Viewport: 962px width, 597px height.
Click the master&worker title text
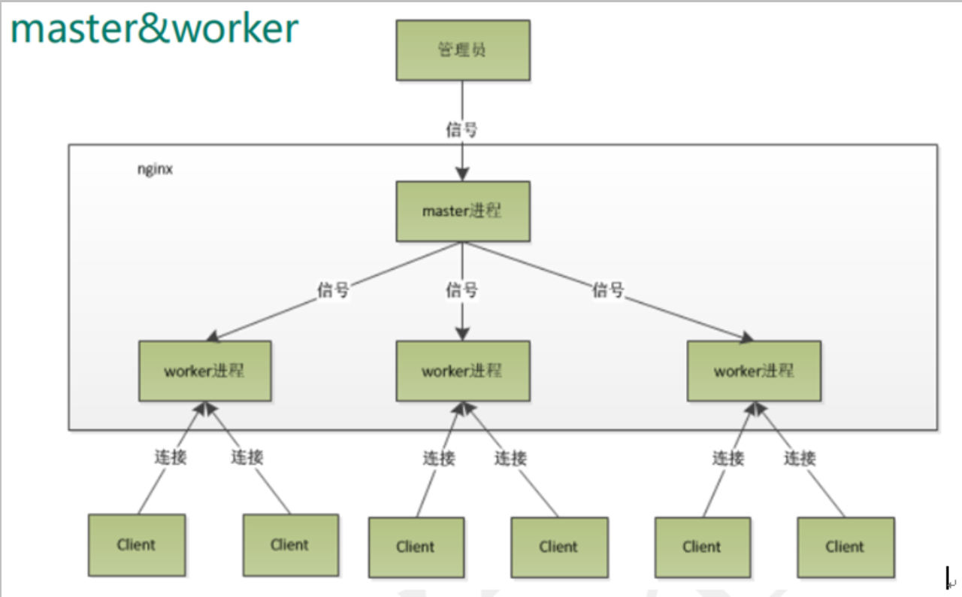tap(155, 29)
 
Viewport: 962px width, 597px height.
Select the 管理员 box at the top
tap(462, 50)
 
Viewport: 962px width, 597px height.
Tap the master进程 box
tap(462, 211)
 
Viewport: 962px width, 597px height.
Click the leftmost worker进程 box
tap(204, 371)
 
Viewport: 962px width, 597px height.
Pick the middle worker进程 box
tap(462, 371)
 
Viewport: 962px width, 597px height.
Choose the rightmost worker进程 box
tap(754, 371)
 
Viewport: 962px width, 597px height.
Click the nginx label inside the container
tap(154, 170)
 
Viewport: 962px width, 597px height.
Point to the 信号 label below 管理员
tap(461, 129)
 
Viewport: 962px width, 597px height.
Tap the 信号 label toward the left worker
tap(333, 290)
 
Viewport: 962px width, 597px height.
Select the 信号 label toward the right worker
tap(608, 290)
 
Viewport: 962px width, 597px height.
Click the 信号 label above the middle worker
tap(461, 290)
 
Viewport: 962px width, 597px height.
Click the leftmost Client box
tap(136, 545)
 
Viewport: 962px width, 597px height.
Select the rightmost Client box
tap(846, 547)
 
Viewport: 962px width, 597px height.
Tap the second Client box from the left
tap(290, 545)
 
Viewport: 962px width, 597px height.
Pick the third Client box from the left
tap(416, 547)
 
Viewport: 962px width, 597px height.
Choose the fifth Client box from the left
tap(702, 547)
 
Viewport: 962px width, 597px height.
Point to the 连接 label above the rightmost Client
tap(800, 458)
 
